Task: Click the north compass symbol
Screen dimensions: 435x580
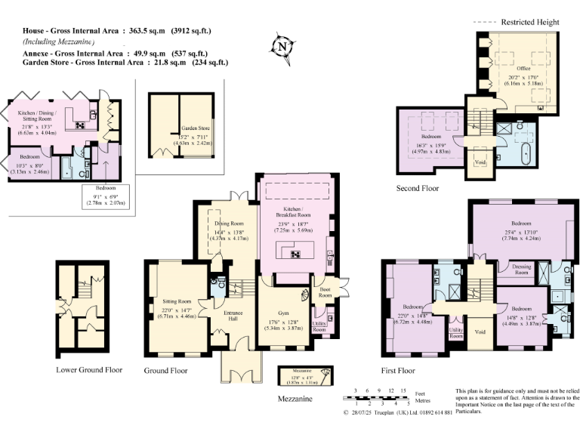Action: pos(285,46)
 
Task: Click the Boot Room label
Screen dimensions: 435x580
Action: pos(325,289)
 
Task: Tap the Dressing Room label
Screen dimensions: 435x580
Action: pos(521,268)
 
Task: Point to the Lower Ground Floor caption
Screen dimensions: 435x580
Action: pos(89,370)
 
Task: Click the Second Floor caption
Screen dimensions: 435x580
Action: pos(418,188)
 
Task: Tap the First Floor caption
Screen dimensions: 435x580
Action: pos(399,371)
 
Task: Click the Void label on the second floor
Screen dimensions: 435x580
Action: pos(477,162)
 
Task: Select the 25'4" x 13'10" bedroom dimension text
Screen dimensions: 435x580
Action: pos(521,231)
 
